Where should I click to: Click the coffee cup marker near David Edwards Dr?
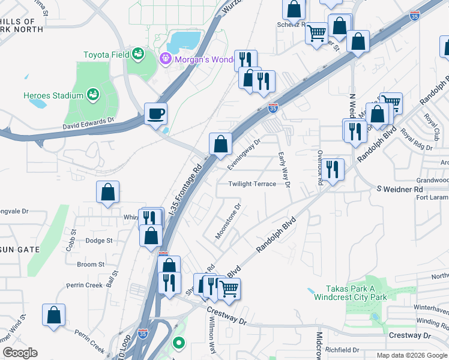(x=155, y=113)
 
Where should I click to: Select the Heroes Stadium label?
(x=53, y=95)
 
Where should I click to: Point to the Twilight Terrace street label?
(x=252, y=184)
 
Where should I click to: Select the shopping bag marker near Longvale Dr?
(x=108, y=192)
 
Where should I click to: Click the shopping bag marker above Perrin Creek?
(x=54, y=315)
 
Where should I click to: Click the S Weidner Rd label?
(x=400, y=190)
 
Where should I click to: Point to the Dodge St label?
(x=99, y=241)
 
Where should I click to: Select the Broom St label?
(x=91, y=264)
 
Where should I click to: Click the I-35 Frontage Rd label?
(x=184, y=191)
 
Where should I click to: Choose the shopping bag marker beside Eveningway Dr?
(x=220, y=143)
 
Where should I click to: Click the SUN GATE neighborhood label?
(x=20, y=249)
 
